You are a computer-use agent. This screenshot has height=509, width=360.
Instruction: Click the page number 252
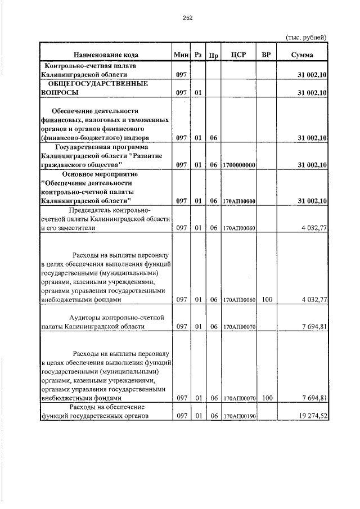(x=188, y=18)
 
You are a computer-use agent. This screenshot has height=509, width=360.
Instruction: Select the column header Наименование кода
(x=105, y=55)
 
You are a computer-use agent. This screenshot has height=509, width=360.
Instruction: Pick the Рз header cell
(x=198, y=55)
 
